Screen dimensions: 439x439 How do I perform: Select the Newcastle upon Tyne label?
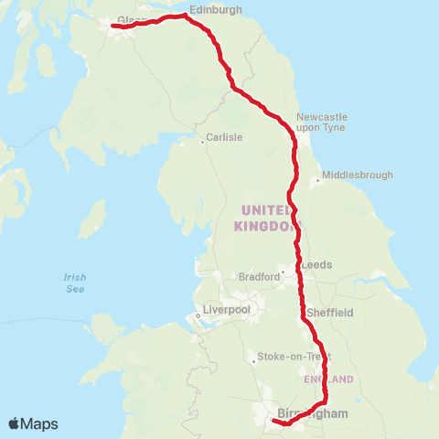(x=321, y=123)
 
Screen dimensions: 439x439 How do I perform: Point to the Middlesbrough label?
(x=358, y=175)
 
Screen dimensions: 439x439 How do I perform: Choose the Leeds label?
(x=317, y=264)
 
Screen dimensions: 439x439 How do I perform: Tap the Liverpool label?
(x=227, y=310)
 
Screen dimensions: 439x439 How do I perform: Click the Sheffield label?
(x=330, y=312)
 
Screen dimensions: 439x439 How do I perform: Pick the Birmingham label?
(x=312, y=414)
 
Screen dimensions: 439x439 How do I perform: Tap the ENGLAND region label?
(x=327, y=379)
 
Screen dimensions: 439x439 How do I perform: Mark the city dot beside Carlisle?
(x=203, y=142)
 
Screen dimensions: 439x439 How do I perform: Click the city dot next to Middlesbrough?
(x=316, y=180)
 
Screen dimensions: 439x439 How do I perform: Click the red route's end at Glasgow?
(x=113, y=26)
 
